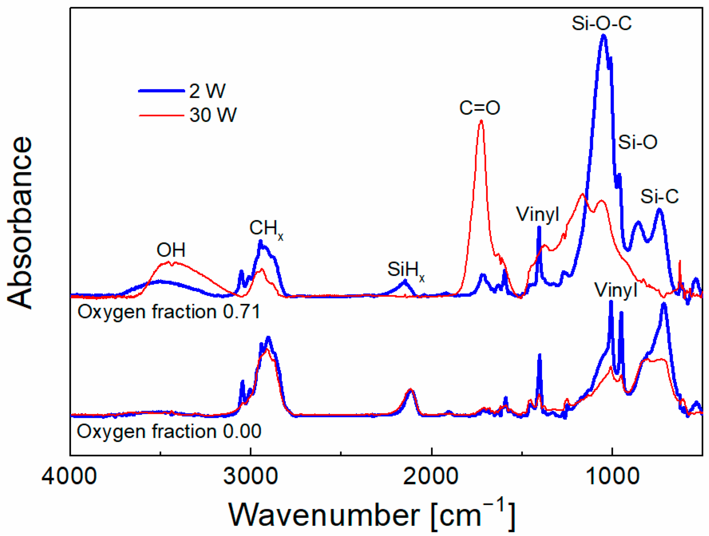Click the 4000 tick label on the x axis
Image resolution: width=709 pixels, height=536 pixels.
(69, 477)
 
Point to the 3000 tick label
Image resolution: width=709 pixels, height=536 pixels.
(250, 477)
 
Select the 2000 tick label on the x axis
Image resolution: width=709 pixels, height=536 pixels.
(431, 477)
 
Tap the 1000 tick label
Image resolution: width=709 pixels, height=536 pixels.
(612, 477)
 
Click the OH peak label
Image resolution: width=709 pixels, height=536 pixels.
(171, 250)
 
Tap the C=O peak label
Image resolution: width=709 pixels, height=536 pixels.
(479, 108)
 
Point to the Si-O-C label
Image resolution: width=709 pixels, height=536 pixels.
(602, 23)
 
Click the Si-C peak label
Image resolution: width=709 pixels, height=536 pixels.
(659, 196)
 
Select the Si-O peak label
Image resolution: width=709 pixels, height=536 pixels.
(638, 142)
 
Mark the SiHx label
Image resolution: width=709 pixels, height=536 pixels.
(406, 270)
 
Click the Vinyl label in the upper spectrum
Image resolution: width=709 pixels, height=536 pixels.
(538, 215)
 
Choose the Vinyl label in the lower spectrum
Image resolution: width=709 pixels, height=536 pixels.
(616, 290)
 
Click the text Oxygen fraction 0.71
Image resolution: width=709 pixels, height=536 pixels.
(169, 312)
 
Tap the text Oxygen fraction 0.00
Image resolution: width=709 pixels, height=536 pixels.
(169, 431)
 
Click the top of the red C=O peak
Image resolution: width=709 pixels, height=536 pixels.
(481, 121)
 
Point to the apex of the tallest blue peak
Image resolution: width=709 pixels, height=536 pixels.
(604, 36)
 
